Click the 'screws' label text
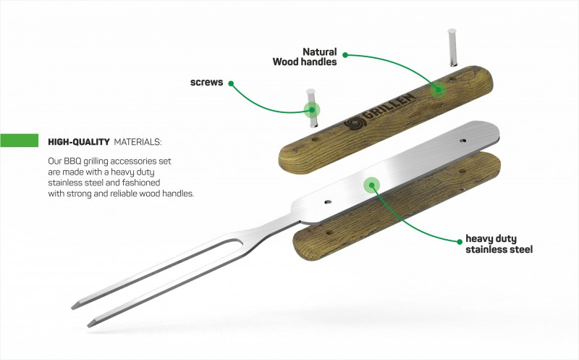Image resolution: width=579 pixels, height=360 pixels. click(x=206, y=82)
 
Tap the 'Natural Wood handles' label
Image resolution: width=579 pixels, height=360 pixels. click(x=305, y=56)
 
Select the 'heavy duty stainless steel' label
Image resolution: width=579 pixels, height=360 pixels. click(x=499, y=244)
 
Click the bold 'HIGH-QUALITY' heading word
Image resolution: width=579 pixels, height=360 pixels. click(x=79, y=142)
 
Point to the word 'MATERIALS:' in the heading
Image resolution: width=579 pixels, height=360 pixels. click(x=138, y=142)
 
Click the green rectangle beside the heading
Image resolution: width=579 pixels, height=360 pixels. click(x=20, y=141)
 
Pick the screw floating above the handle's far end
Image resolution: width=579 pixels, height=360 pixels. click(x=452, y=47)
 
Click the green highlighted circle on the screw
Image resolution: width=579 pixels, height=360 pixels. click(x=312, y=110)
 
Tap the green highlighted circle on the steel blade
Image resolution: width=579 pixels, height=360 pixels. click(x=371, y=185)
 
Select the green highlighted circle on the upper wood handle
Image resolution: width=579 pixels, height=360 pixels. click(x=439, y=89)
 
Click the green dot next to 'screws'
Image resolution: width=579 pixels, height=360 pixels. click(x=231, y=83)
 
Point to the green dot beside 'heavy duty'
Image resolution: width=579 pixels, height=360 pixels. click(x=460, y=242)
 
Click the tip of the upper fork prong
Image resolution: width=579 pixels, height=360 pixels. click(x=73, y=307)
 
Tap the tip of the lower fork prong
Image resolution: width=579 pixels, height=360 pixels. click(x=88, y=326)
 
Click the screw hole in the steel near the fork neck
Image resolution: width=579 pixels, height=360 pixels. click(x=327, y=202)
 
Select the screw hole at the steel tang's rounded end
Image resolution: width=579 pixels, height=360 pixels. click(x=462, y=141)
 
